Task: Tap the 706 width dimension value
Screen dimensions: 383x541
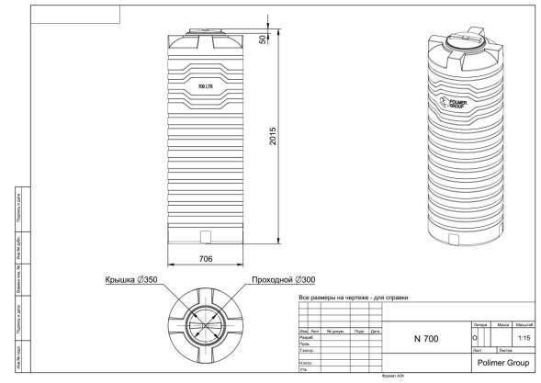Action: point(206,259)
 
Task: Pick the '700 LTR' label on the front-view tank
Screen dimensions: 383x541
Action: point(205,85)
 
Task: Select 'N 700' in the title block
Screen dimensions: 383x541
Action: point(426,339)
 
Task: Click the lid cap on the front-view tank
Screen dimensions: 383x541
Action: point(205,31)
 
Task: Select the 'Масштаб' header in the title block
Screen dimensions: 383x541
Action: point(524,325)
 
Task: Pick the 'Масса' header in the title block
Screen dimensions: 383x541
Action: point(503,325)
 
